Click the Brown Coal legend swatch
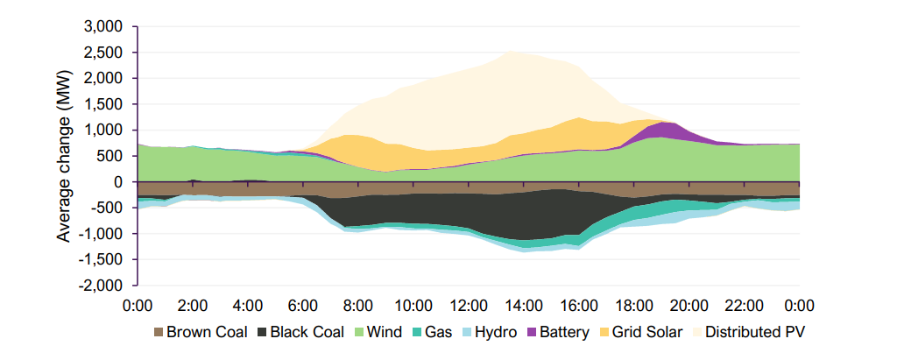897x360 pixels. click(158, 332)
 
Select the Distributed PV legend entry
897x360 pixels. click(751, 332)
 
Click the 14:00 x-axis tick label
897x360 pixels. click(523, 306)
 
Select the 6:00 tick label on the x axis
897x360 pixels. click(302, 306)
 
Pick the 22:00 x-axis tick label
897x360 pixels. click(744, 306)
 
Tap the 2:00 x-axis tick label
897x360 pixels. click(192, 306)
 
